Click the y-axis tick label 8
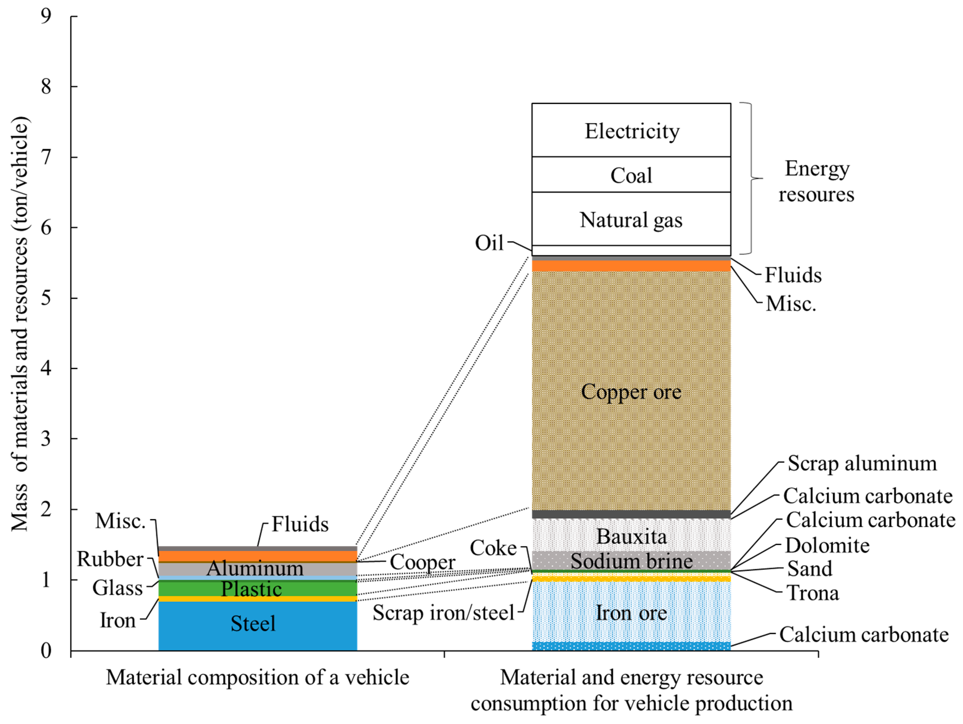[46, 86]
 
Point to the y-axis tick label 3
[46, 438]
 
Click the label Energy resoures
[816, 181]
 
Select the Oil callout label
[489, 243]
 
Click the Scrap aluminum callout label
[862, 463]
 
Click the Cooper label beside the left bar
[422, 562]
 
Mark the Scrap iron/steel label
[444, 613]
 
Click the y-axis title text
[19, 324]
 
